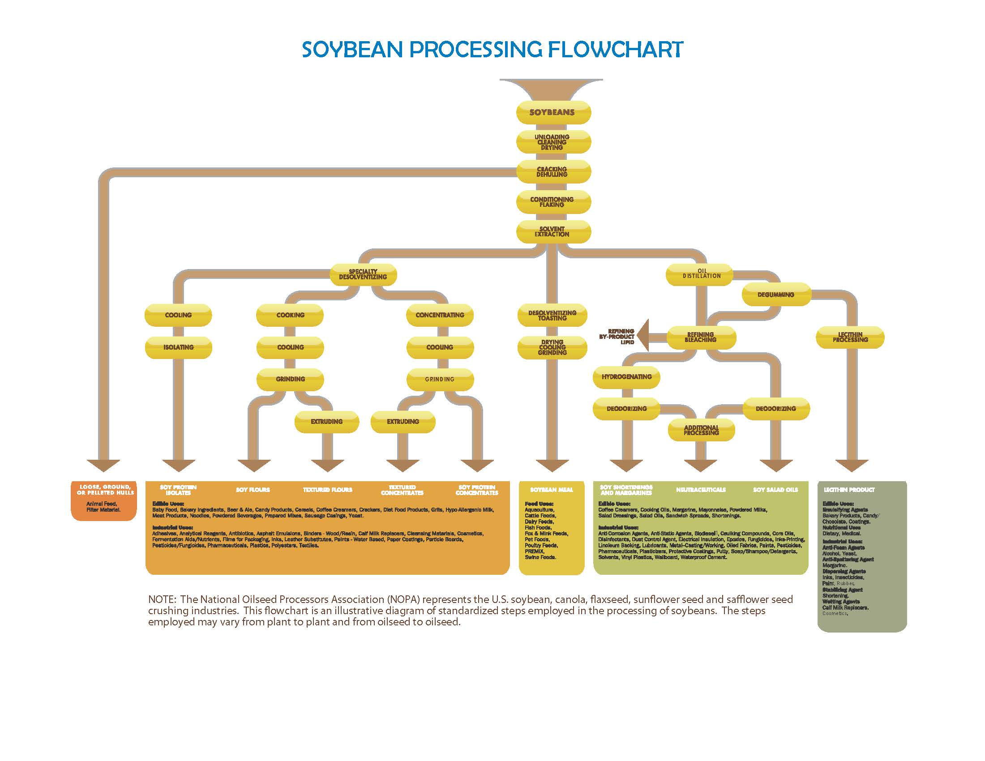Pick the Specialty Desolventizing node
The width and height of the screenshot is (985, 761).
pyautogui.click(x=363, y=274)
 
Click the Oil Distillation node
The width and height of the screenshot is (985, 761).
pyautogui.click(x=701, y=274)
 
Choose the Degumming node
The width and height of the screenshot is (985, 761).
pyautogui.click(x=776, y=295)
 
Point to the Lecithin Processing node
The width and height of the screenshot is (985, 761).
pyautogui.click(x=850, y=337)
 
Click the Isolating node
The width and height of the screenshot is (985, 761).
pyautogui.click(x=178, y=347)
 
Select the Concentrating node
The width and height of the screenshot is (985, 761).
pyautogui.click(x=440, y=315)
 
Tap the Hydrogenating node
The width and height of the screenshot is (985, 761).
pyautogui.click(x=626, y=377)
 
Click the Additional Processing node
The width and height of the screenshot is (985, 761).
pyautogui.click(x=701, y=430)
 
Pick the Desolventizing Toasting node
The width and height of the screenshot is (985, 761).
pyautogui.click(x=552, y=315)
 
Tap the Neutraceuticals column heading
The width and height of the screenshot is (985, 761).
pyautogui.click(x=701, y=490)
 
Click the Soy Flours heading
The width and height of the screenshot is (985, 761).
pyautogui.click(x=253, y=490)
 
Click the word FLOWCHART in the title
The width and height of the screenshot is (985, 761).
pyautogui.click(x=615, y=49)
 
